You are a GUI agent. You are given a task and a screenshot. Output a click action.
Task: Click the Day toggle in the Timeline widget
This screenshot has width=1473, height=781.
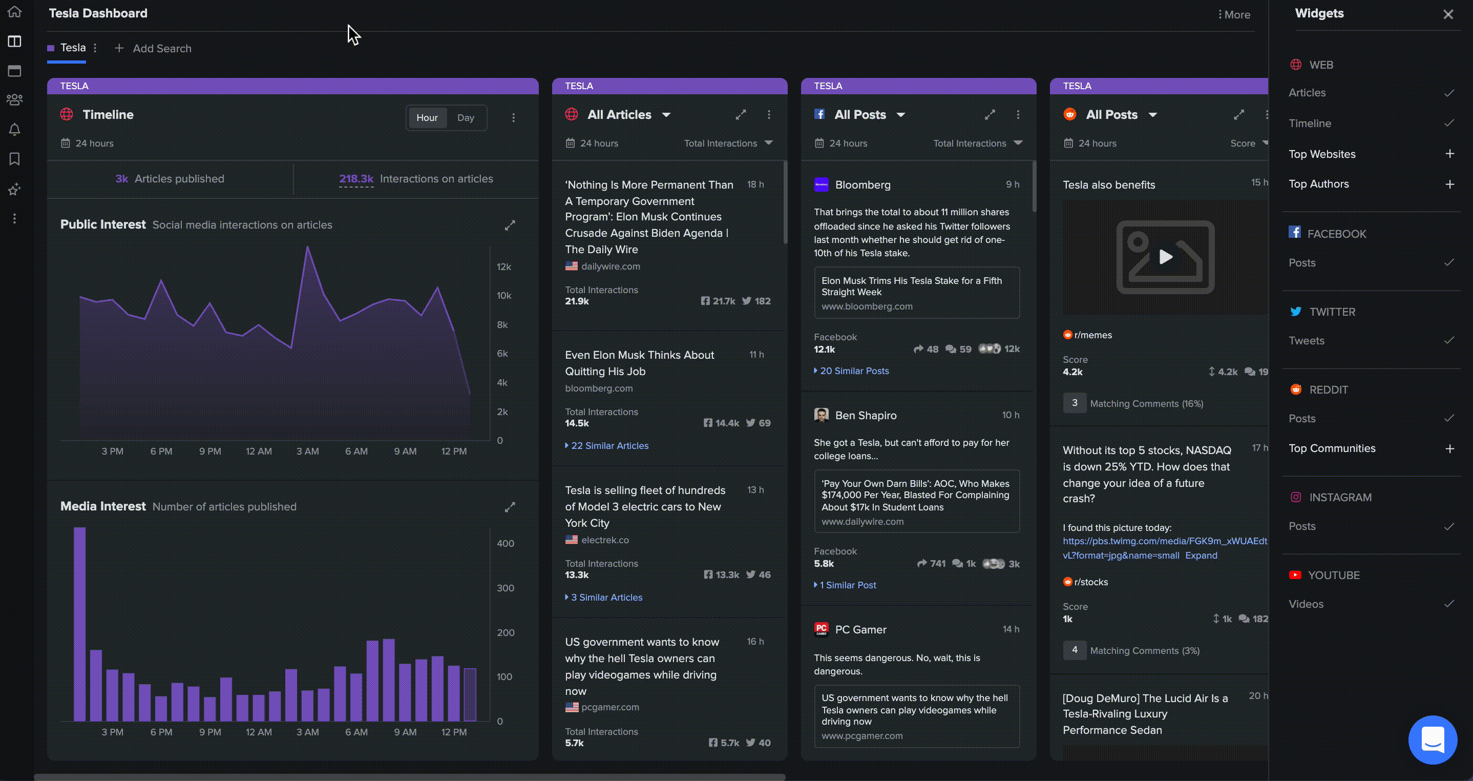[x=466, y=118]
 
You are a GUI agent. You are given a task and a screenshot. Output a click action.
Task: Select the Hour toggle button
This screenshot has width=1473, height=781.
[x=427, y=118]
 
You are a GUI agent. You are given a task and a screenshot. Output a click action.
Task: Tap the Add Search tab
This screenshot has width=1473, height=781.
[x=153, y=49]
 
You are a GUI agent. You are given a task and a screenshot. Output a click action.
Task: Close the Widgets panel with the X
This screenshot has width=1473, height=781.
[x=1448, y=14]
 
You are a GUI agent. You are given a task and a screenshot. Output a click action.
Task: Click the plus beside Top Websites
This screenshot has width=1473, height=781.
[x=1449, y=153]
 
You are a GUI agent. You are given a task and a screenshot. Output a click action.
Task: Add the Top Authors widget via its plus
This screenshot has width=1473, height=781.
[x=1449, y=184]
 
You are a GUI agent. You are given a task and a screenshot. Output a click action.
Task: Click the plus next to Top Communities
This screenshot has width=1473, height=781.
[x=1449, y=448]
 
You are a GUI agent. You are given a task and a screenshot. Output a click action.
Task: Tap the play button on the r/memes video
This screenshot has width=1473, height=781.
[x=1166, y=257]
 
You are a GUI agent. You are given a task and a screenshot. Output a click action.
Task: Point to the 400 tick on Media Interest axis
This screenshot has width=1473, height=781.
[x=506, y=544]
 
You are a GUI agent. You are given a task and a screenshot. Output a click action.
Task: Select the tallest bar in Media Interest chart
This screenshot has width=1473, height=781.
[x=79, y=624]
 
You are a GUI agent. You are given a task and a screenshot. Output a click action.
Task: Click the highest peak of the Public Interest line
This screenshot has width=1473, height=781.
[x=308, y=246]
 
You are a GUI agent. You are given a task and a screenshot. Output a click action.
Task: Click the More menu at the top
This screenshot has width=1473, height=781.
[x=1234, y=15]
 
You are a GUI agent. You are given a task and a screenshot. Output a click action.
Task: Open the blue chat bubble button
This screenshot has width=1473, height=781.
[x=1433, y=740]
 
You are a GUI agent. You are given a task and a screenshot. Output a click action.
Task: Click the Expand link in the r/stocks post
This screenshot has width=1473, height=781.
[x=1201, y=555]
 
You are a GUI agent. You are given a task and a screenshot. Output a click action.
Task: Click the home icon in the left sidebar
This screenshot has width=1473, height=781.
[x=14, y=11]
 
